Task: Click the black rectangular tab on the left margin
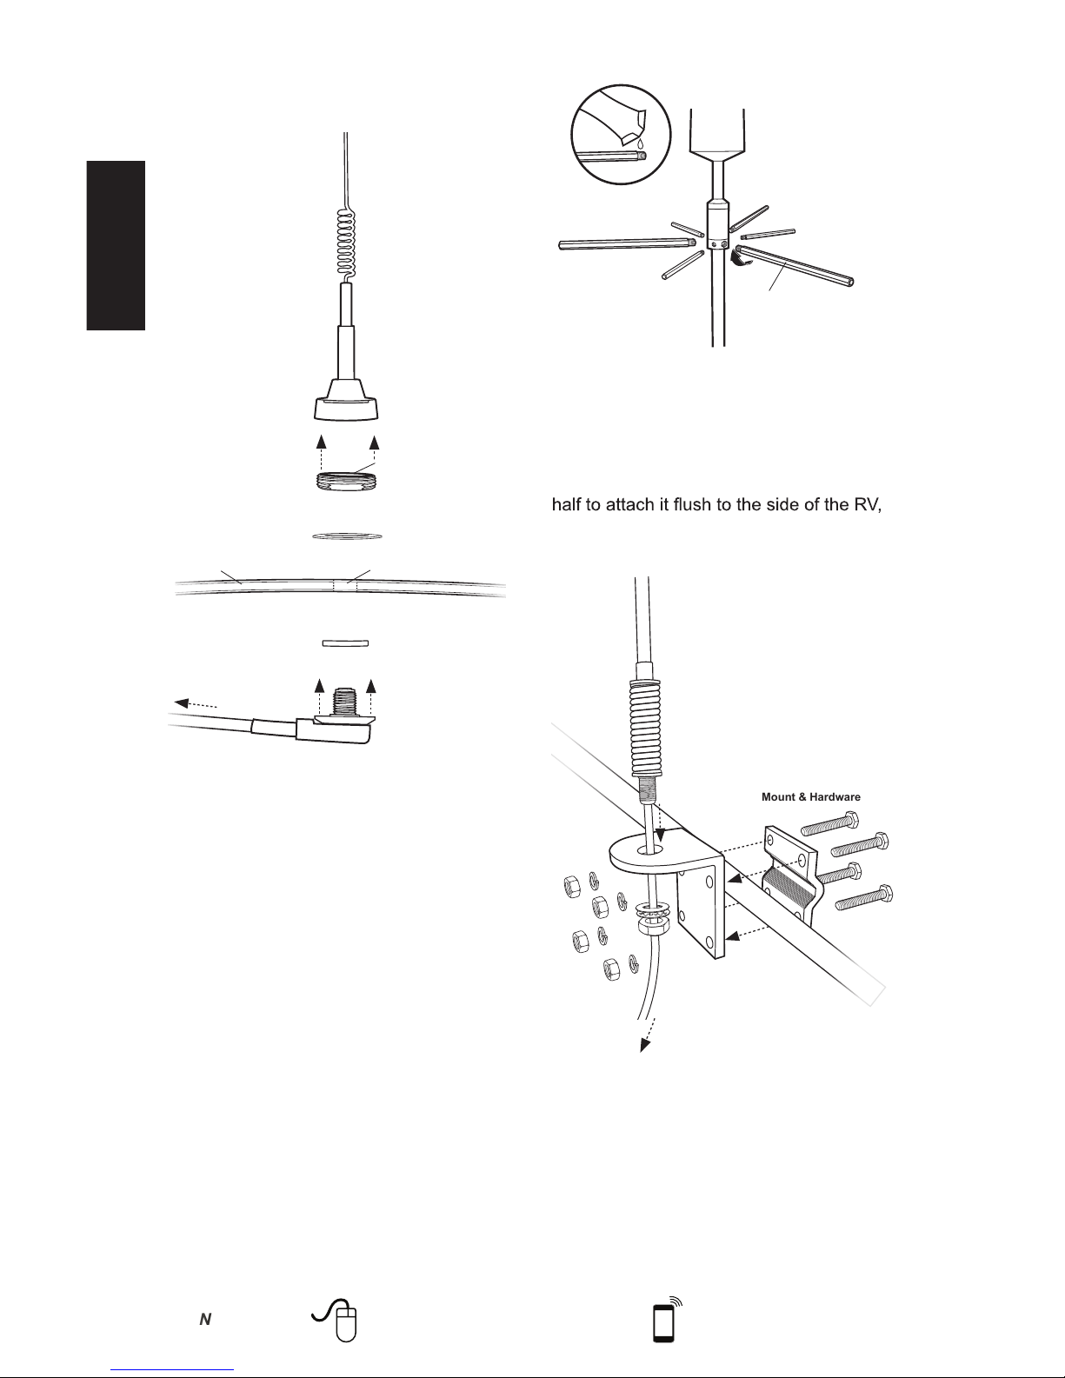click(116, 245)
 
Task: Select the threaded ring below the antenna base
click(346, 479)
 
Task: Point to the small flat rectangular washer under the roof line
click(345, 643)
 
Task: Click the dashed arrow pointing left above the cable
click(196, 704)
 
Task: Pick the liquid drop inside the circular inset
click(642, 144)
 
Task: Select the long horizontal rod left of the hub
click(627, 243)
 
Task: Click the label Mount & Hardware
click(811, 797)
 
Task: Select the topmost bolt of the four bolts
click(830, 822)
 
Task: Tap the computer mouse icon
click(336, 1319)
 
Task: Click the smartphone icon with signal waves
click(668, 1319)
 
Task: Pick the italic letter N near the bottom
click(205, 1320)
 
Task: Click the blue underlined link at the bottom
click(172, 1370)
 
